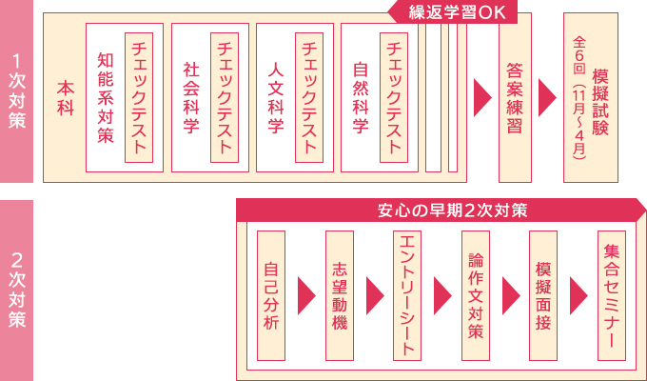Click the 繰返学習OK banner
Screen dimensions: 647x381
[x=453, y=12]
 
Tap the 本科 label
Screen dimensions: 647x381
[x=66, y=98]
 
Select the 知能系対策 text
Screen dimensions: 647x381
[x=106, y=98]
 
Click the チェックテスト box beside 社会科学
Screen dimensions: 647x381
[x=225, y=97]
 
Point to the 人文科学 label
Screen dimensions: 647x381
[x=276, y=98]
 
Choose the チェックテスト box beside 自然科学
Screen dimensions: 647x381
[x=394, y=97]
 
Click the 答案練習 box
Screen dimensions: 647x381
[x=515, y=97]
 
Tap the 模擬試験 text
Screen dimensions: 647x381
[x=600, y=102]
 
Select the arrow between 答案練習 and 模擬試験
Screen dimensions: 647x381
[x=547, y=97]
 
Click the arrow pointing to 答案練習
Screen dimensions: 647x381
[x=482, y=97]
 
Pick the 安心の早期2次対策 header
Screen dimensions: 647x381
[x=441, y=210]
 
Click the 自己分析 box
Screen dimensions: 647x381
[x=271, y=295]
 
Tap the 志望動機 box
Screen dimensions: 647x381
[x=340, y=295]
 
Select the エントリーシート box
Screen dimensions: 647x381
[x=407, y=295]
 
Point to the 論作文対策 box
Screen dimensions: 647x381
[x=476, y=295]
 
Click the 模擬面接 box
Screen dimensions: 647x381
[x=543, y=295]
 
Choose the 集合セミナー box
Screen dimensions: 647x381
[x=612, y=295]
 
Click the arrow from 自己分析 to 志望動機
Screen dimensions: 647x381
[x=306, y=296]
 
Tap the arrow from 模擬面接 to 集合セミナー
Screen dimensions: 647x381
[x=578, y=296]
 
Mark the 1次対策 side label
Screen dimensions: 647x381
[x=16, y=91]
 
